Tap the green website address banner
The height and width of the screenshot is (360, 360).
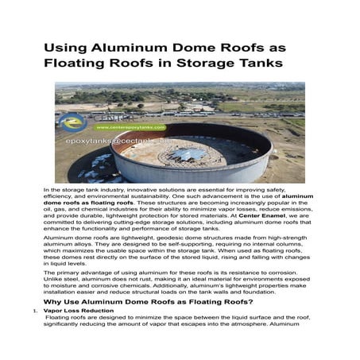click(130, 127)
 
